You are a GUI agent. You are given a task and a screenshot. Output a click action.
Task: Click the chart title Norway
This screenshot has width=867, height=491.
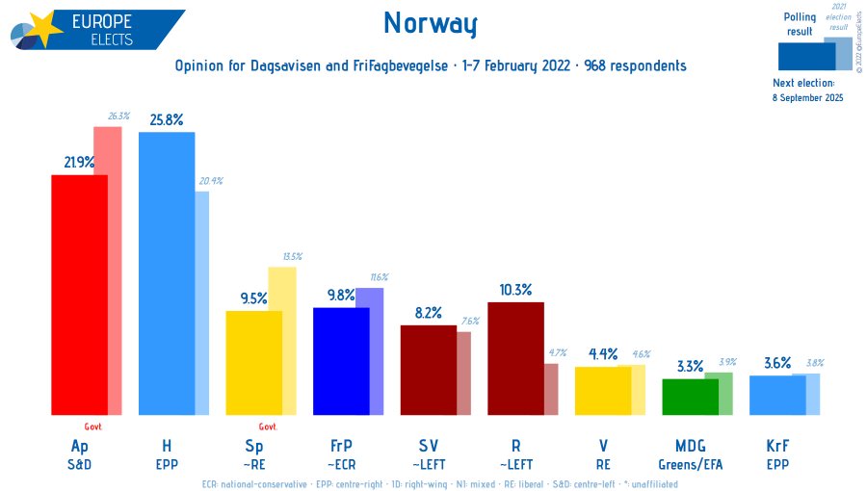coord(430,23)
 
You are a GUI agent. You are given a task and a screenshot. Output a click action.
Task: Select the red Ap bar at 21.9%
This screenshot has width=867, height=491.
coord(79,294)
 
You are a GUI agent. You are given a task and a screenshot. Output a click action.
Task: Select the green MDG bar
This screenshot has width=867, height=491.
coord(690,396)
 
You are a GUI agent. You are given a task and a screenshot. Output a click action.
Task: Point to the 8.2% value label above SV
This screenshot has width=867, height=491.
coord(428,313)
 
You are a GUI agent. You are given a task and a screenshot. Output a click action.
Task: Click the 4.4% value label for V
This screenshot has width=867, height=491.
coord(602,354)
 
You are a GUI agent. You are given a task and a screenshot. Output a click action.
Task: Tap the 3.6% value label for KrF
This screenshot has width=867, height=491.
coord(776,363)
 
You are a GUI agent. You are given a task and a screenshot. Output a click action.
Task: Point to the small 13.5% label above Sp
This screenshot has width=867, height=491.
coord(292,256)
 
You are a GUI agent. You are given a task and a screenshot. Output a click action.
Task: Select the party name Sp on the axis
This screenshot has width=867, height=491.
coord(253,446)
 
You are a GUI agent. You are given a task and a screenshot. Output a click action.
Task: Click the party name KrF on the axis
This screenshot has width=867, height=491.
coord(776,446)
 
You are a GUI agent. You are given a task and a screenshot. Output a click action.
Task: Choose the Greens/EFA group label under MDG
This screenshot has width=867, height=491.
coord(690,463)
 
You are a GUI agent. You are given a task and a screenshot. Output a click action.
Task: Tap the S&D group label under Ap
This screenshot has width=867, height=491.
coord(79,463)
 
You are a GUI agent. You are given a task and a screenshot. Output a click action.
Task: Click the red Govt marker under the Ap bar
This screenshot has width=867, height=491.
coord(93,426)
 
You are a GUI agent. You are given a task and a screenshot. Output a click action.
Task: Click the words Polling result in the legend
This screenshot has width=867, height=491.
coord(800,24)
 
